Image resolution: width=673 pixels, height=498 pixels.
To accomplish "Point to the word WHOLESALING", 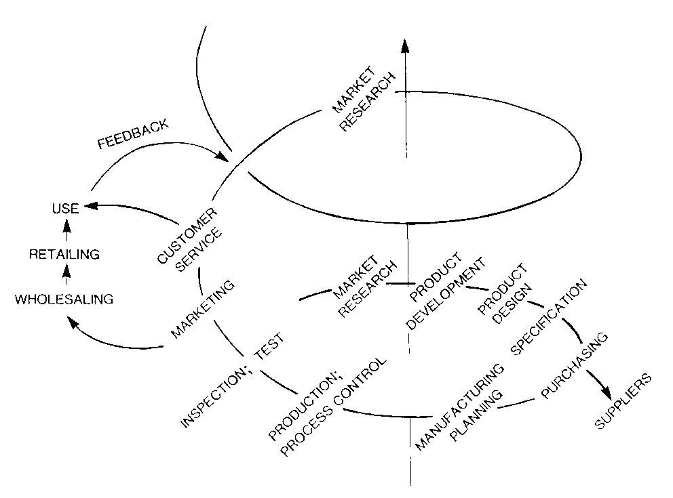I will coord(64,298).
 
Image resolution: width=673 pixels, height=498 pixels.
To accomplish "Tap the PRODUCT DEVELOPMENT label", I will coord(444,291).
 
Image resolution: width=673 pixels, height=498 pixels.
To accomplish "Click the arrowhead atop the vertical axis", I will coord(405,46).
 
